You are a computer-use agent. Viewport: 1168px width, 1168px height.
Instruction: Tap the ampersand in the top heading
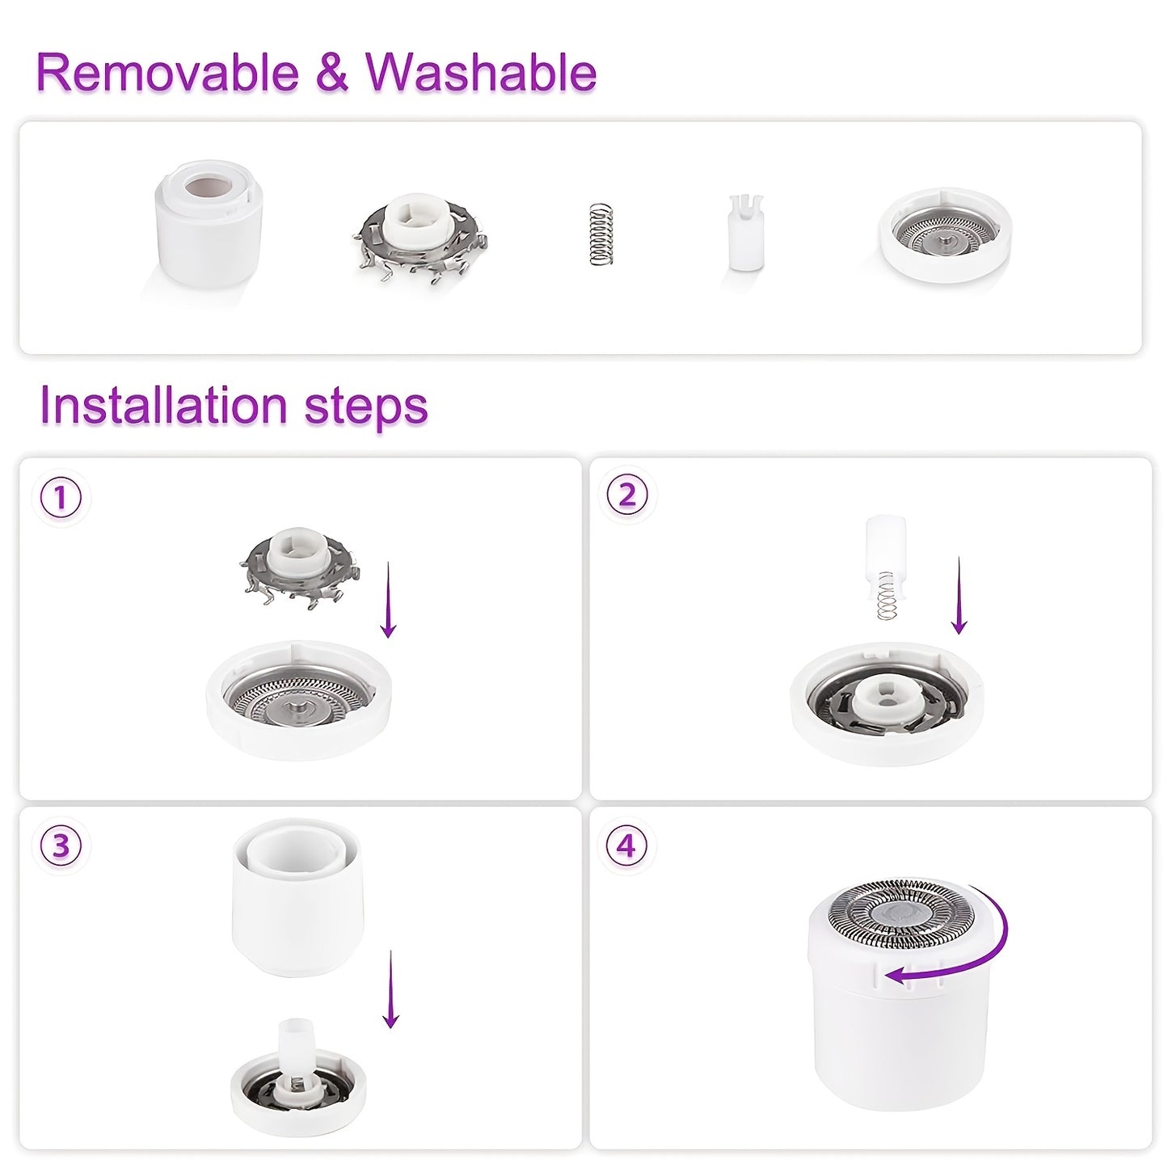pyautogui.click(x=331, y=73)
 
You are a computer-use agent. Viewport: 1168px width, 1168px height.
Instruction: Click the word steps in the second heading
pyautogui.click(x=366, y=407)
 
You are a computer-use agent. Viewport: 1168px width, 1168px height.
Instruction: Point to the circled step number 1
pyautogui.click(x=61, y=498)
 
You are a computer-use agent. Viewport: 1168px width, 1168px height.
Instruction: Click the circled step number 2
pyautogui.click(x=627, y=495)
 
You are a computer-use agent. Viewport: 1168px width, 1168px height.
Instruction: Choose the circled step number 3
pyautogui.click(x=61, y=846)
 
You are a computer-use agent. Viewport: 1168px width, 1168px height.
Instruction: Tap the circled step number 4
pyautogui.click(x=627, y=846)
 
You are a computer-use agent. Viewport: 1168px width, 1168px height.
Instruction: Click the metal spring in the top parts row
pyautogui.click(x=600, y=234)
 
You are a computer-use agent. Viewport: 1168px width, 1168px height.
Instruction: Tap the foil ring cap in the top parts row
pyautogui.click(x=944, y=234)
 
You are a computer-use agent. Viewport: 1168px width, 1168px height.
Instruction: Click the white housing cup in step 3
pyautogui.click(x=297, y=897)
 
